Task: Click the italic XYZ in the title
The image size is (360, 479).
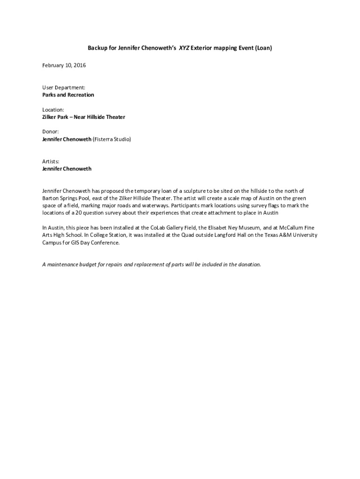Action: pos(184,48)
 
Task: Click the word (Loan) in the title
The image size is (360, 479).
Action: pos(263,48)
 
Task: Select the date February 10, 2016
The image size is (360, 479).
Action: pos(64,65)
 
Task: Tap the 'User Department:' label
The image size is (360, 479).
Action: pos(64,87)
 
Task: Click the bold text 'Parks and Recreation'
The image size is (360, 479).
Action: pos(68,95)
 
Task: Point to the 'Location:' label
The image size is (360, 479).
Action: pos(53,110)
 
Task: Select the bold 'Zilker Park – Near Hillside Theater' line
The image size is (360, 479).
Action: pos(84,117)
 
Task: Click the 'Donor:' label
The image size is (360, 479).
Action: pos(50,132)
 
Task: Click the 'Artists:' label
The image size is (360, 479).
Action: pos(51,161)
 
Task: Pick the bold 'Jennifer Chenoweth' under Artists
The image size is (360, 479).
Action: pos(67,168)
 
